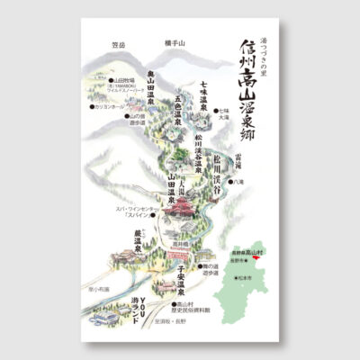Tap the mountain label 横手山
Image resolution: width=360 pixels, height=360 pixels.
coord(175,43)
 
